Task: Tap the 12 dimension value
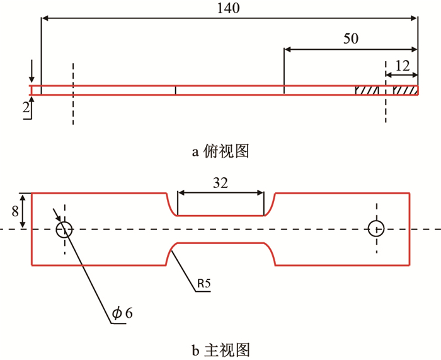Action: (401, 64)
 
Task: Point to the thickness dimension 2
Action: (25, 108)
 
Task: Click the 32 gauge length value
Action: (220, 183)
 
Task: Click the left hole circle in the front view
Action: (64, 229)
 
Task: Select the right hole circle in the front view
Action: (376, 229)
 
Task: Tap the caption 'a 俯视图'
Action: (220, 151)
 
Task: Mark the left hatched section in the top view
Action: (367, 91)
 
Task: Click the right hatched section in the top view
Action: (404, 91)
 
